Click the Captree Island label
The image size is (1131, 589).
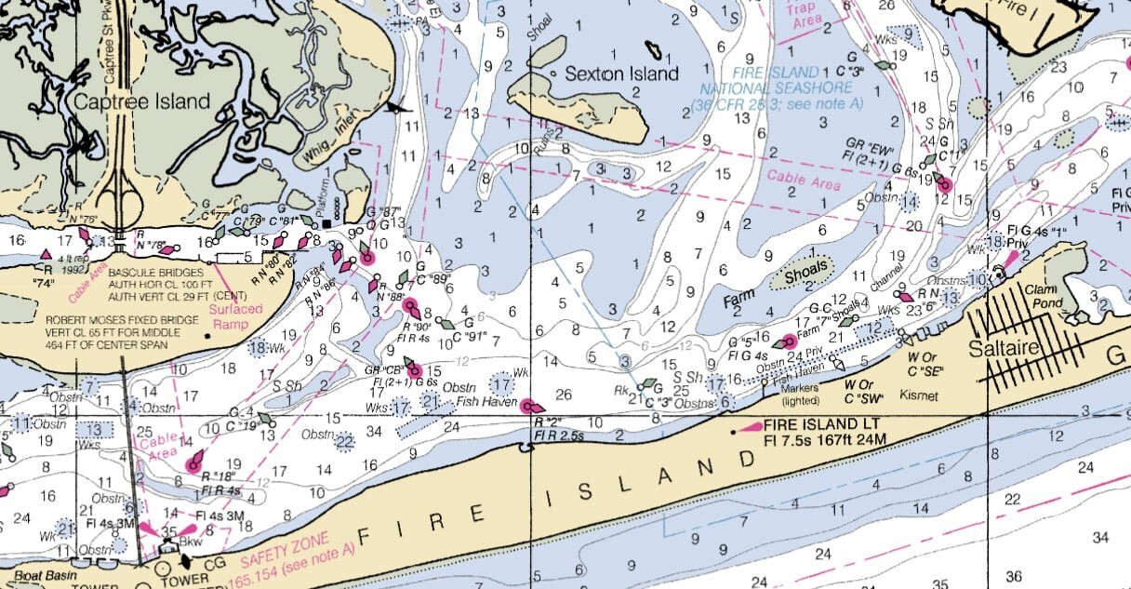tap(144, 101)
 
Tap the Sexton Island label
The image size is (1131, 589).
tap(623, 74)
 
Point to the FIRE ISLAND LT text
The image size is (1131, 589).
tap(812, 423)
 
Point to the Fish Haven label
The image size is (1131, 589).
tap(486, 403)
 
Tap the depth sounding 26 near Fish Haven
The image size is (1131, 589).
tap(564, 395)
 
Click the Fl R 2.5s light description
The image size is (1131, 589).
tap(558, 435)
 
